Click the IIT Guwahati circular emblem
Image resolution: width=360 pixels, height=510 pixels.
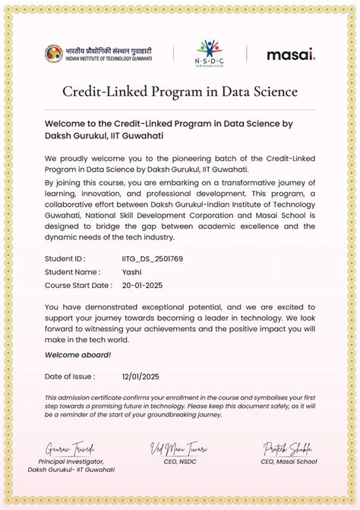[x=53, y=53]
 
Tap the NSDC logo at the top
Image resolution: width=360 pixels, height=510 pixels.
[x=210, y=53]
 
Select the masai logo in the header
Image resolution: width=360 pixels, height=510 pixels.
[x=291, y=55]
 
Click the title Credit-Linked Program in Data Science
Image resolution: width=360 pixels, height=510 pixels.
[x=180, y=92]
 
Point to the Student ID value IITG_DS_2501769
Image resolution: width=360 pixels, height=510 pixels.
[x=152, y=258]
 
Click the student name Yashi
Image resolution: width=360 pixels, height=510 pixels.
[x=132, y=271]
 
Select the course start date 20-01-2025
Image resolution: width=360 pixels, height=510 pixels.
[x=142, y=285]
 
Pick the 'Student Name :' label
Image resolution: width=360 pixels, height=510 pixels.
[x=72, y=271]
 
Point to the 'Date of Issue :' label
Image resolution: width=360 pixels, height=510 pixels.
[x=70, y=376]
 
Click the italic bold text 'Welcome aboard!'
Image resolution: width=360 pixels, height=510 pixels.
[x=77, y=355]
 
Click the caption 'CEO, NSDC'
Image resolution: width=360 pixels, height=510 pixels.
[x=179, y=461]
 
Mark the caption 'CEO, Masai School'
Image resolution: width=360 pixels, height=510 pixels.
[x=289, y=461]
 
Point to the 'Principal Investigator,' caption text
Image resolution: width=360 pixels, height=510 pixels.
[x=71, y=461]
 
